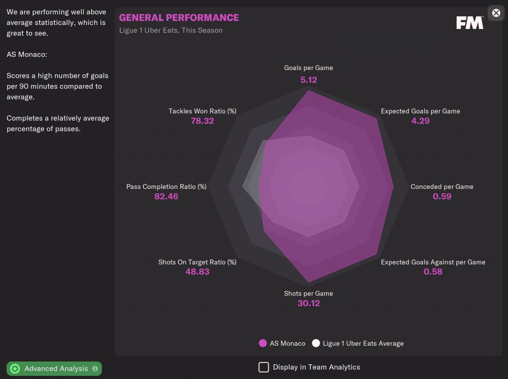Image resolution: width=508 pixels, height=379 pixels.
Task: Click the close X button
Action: click(x=496, y=13)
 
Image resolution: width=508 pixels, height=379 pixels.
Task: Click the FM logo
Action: click(x=470, y=23)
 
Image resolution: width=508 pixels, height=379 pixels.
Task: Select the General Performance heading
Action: click(x=179, y=18)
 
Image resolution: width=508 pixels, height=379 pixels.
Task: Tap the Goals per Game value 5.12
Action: click(x=308, y=80)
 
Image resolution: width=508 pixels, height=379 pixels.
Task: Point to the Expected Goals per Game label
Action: click(x=420, y=111)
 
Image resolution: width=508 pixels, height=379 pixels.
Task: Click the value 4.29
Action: click(x=420, y=121)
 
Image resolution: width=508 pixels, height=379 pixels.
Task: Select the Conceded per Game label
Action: click(x=442, y=187)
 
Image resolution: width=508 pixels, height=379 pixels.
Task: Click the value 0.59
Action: click(x=442, y=196)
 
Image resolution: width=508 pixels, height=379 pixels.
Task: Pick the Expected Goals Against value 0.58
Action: click(x=433, y=272)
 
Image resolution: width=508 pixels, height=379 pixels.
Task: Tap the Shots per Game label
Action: click(x=308, y=294)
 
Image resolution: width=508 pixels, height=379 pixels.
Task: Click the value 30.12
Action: click(x=308, y=304)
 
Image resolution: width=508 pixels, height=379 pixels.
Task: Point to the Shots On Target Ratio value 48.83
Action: click(x=197, y=272)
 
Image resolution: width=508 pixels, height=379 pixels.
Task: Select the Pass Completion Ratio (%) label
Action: click(x=166, y=187)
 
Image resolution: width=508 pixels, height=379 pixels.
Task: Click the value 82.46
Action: click(x=166, y=196)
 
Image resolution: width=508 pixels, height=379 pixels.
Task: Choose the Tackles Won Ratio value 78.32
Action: click(x=202, y=121)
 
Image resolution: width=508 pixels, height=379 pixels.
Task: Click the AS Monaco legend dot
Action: click(x=263, y=343)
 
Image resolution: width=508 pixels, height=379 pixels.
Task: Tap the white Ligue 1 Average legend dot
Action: click(x=316, y=343)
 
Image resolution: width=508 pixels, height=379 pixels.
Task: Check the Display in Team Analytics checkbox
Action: click(x=264, y=367)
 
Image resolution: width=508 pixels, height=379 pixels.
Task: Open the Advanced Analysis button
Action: click(x=54, y=369)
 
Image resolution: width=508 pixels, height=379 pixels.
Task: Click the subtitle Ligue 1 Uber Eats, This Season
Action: click(x=171, y=31)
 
